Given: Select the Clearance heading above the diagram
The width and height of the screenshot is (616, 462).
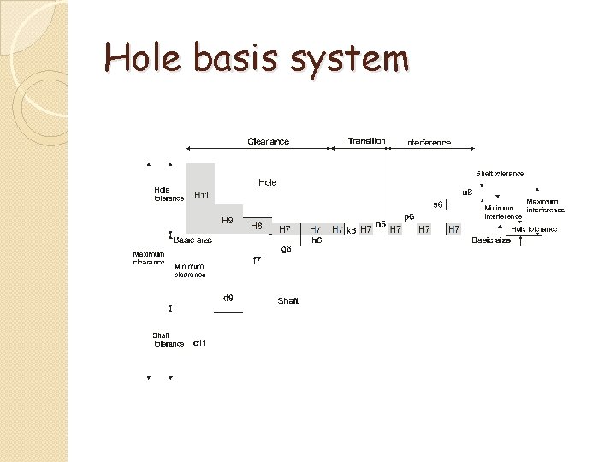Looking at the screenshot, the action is [x=268, y=141].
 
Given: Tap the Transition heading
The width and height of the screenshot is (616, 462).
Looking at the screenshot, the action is [x=366, y=141].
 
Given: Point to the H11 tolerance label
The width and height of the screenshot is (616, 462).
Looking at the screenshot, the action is [x=202, y=195].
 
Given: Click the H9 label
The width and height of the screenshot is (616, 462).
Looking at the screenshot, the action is [x=228, y=220].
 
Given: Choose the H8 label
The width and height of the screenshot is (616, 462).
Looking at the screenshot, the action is [x=256, y=227].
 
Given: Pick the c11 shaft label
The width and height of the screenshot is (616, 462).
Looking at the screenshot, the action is [x=199, y=343].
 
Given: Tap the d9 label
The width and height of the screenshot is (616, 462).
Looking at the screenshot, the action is [x=228, y=299].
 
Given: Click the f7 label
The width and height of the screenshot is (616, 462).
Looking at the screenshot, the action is [x=257, y=260].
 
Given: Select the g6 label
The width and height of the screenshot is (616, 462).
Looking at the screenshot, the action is [x=287, y=249].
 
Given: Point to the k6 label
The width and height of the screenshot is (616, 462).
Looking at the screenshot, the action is [x=351, y=230].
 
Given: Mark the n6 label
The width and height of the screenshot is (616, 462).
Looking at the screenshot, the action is [x=381, y=223].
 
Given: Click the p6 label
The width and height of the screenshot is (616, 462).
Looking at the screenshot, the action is [x=409, y=216].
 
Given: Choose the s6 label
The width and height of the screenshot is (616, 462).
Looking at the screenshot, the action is [x=437, y=204].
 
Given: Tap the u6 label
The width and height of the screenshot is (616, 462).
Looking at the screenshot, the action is [x=467, y=192].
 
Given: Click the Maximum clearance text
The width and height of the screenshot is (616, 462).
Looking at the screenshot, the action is [x=149, y=258].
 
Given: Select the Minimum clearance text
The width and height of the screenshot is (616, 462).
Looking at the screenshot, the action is [x=190, y=270].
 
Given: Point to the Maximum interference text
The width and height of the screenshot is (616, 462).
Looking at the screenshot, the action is [x=545, y=205].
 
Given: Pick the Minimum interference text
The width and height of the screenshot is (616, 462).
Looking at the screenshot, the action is [x=502, y=212].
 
